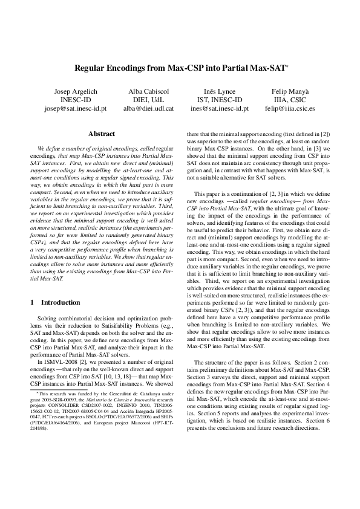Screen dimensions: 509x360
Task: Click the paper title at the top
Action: click(180, 70)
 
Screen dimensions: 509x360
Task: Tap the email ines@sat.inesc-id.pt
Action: click(219, 109)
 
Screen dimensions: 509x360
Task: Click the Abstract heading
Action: click(101, 134)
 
